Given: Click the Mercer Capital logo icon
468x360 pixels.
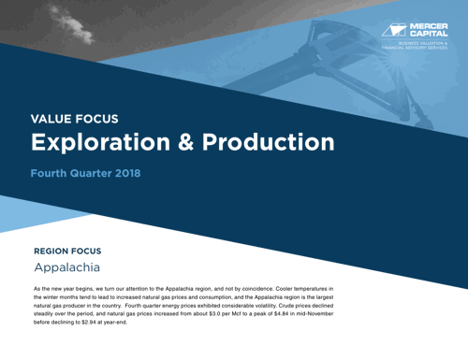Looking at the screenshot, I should [x=397, y=28].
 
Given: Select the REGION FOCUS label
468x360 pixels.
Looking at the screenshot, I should [x=74, y=251].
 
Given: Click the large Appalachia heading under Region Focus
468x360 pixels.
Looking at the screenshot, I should [x=71, y=269].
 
